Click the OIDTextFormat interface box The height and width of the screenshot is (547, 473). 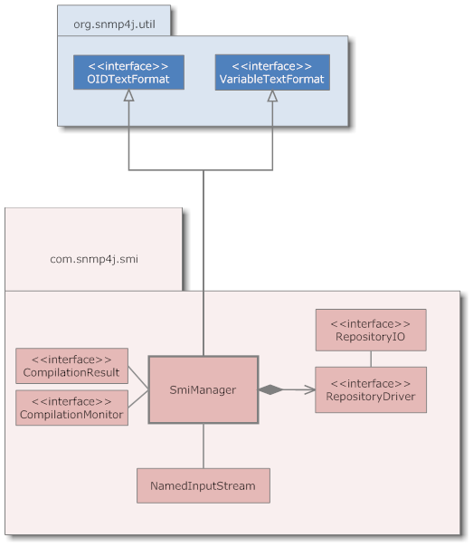128,72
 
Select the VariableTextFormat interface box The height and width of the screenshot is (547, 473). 272,72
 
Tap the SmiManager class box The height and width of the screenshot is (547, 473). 203,389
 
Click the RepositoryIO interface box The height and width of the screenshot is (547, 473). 370,330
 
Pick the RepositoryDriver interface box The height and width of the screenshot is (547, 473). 370,389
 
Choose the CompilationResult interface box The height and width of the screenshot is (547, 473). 72,366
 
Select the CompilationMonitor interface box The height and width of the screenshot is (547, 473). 72,408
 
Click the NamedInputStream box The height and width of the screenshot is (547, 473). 203,485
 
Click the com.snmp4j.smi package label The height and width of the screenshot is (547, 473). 93,259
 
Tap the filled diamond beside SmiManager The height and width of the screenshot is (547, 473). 270,389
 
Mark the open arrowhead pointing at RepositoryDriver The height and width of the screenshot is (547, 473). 309,389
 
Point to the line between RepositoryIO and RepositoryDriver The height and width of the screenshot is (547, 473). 370,359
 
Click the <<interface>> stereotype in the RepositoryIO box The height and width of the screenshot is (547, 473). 370,323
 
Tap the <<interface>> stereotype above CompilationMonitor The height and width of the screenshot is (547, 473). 72,400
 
